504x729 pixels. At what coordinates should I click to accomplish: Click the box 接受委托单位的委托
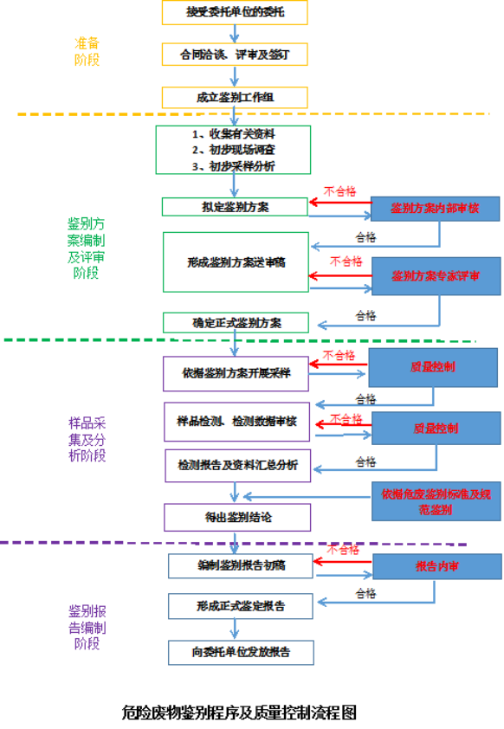click(x=234, y=11)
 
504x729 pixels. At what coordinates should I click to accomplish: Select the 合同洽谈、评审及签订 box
click(x=234, y=54)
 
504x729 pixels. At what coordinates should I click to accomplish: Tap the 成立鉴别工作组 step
click(x=234, y=97)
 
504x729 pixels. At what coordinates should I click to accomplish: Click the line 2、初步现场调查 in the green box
click(x=234, y=150)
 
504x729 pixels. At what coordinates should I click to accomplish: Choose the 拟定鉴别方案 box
click(x=234, y=206)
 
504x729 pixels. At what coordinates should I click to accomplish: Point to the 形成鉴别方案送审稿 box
click(x=236, y=261)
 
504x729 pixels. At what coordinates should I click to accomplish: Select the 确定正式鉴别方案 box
click(x=236, y=323)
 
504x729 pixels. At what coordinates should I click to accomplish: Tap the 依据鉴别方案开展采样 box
click(x=236, y=374)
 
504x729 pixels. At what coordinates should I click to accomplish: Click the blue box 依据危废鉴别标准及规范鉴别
click(x=436, y=501)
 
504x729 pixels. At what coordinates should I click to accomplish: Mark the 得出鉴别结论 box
click(x=236, y=517)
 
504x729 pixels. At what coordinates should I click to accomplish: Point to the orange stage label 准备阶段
click(x=87, y=51)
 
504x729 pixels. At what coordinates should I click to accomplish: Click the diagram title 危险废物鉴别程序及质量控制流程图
click(x=240, y=712)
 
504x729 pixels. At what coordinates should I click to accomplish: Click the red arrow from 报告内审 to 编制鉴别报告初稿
click(x=342, y=562)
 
